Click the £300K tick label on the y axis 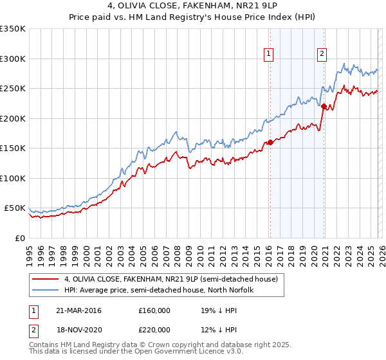(x=12, y=59)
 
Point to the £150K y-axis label (x=12, y=148)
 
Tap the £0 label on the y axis (x=19, y=238)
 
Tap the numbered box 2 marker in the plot (x=321, y=55)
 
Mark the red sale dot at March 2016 (x=270, y=142)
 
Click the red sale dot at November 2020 (x=324, y=107)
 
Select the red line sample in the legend (x=46, y=280)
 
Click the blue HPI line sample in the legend (x=46, y=291)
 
